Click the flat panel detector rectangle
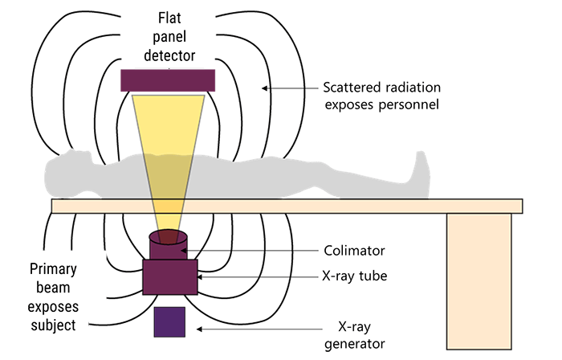(x=168, y=80)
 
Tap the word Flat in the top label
(x=169, y=14)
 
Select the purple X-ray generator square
(x=169, y=321)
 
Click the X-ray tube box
(x=169, y=276)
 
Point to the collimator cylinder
(x=169, y=245)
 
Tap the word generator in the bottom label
(x=359, y=344)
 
